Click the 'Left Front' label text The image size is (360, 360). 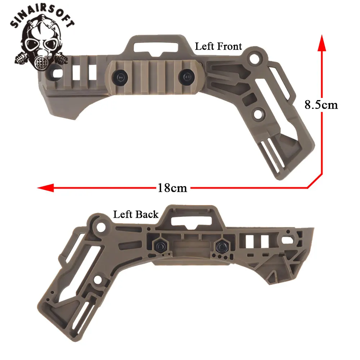coord(219,46)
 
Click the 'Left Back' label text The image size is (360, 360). coord(136,215)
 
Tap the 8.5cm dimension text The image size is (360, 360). coord(321,105)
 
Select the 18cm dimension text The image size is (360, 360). coord(172,188)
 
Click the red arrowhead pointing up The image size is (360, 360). coord(322,43)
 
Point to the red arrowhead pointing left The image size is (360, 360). coord(45,188)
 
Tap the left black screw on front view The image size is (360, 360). coord(120,77)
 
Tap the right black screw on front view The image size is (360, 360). coord(186,76)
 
